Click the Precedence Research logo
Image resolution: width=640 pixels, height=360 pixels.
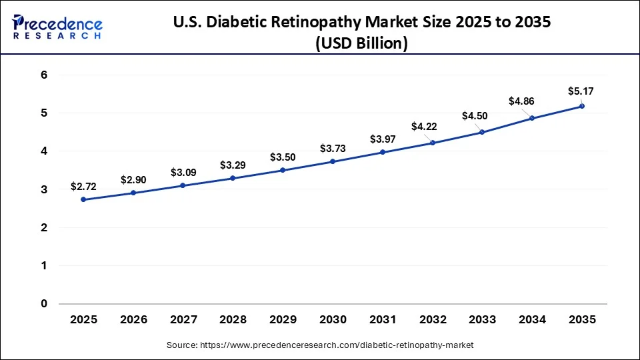57,27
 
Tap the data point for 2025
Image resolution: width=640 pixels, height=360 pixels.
83,199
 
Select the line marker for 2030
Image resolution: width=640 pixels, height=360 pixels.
333,161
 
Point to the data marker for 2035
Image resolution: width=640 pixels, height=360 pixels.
582,106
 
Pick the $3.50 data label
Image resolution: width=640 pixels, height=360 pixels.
283,157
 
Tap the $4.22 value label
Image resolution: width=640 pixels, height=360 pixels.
432,127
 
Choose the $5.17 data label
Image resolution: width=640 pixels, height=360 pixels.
581,91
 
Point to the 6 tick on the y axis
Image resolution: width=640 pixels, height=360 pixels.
44,75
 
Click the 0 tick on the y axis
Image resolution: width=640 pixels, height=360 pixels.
44,304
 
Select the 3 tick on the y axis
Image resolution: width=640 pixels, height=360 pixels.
44,190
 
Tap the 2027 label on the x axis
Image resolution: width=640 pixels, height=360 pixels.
183,320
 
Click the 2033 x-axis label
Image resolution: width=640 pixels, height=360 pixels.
482,320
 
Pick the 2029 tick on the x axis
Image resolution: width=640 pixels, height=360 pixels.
283,320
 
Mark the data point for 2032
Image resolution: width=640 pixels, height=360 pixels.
433,143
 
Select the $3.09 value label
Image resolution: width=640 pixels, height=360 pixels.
183,173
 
